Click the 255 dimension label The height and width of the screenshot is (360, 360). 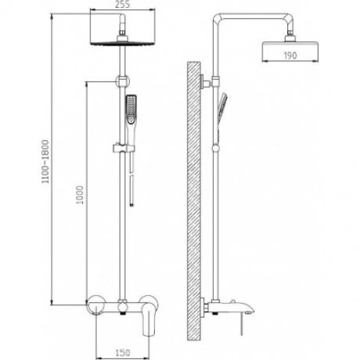[x=122, y=4]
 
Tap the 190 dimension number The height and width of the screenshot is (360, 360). [x=290, y=56]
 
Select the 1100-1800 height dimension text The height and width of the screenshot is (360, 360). [x=45, y=161]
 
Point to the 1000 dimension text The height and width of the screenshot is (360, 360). [x=79, y=195]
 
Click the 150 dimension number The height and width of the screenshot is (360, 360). [x=122, y=353]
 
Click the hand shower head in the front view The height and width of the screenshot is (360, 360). [x=131, y=110]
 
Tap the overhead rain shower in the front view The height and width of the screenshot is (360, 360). [x=122, y=43]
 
